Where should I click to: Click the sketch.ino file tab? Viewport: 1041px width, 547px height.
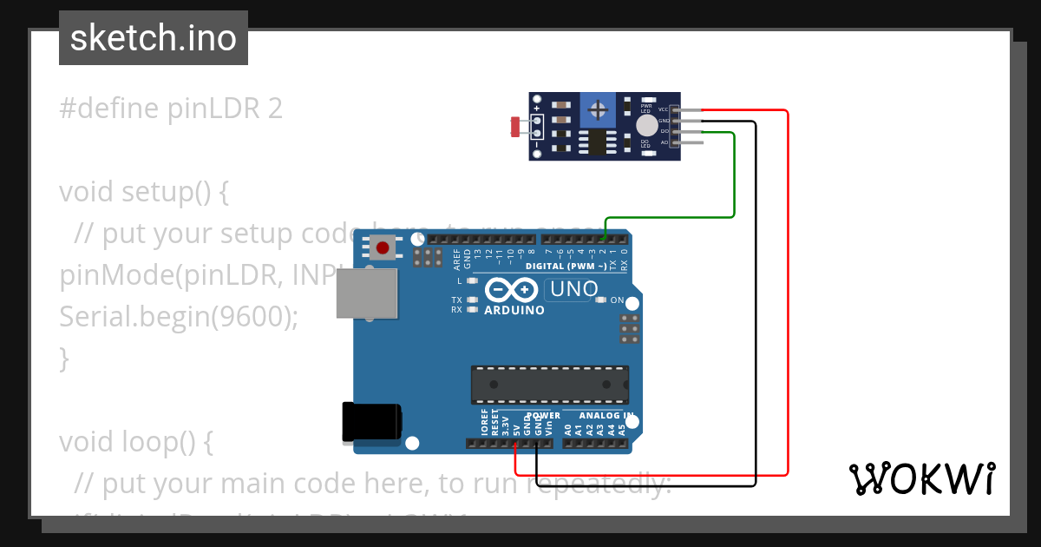(x=153, y=38)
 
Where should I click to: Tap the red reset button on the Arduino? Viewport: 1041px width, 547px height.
(x=382, y=247)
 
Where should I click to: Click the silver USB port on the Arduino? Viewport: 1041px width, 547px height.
(x=366, y=293)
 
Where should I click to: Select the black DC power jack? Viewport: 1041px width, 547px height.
(x=371, y=422)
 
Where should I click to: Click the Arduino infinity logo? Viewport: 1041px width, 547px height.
(x=512, y=289)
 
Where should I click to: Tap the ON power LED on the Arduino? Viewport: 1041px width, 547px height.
(x=600, y=300)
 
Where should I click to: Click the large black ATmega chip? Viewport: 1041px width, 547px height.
(x=549, y=384)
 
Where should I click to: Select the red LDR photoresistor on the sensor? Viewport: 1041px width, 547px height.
(x=515, y=127)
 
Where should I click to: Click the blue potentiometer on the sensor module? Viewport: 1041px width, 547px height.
(x=597, y=110)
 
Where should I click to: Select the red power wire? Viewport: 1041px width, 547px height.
(x=788, y=295)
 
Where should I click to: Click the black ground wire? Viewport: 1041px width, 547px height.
(x=756, y=304)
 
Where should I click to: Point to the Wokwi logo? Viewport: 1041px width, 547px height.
(x=921, y=478)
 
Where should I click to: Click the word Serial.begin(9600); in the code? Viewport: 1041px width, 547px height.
(x=178, y=317)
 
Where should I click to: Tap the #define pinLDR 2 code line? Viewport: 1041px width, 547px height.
(x=171, y=109)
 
